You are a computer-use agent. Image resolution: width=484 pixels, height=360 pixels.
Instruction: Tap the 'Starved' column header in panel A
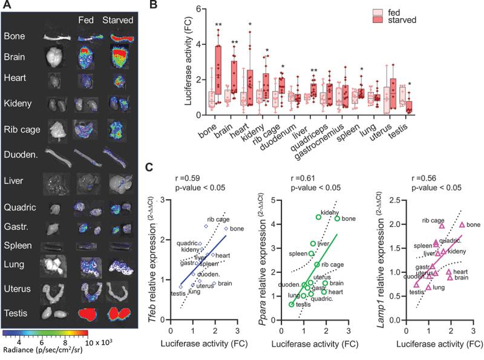[115, 18]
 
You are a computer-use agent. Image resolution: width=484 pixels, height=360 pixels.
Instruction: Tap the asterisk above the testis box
[411, 84]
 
